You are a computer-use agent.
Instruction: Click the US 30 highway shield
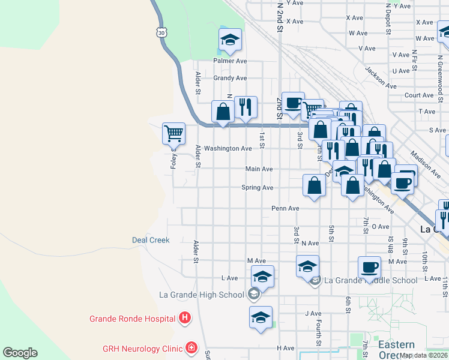pyautogui.click(x=160, y=33)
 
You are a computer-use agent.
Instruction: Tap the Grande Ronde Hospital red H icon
pyautogui.click(x=185, y=318)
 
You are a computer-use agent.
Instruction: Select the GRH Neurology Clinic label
pyautogui.click(x=142, y=347)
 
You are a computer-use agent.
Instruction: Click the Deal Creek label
pyautogui.click(x=151, y=240)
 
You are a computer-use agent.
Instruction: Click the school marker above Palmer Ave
pyautogui.click(x=230, y=40)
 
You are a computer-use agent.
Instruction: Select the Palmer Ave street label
pyautogui.click(x=231, y=61)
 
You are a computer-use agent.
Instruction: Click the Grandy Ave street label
pyautogui.click(x=231, y=78)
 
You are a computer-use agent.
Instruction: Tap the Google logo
pyautogui.click(x=20, y=353)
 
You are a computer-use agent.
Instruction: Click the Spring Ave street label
pyautogui.click(x=257, y=188)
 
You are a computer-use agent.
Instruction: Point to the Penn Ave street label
pyautogui.click(x=285, y=209)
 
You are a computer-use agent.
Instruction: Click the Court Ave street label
pyautogui.click(x=419, y=95)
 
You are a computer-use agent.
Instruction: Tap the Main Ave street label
pyautogui.click(x=259, y=169)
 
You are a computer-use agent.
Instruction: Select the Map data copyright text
pyautogui.click(x=424, y=355)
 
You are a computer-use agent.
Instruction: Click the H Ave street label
pyautogui.click(x=285, y=348)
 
